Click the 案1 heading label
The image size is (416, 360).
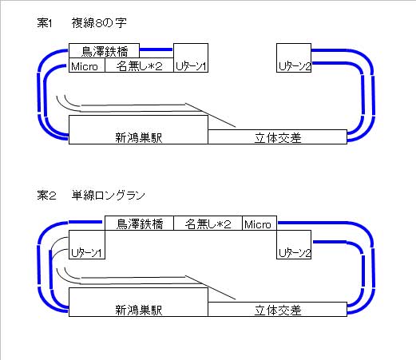45,23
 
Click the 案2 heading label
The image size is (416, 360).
46,196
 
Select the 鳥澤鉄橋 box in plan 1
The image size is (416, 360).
104,51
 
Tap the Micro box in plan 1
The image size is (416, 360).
87,65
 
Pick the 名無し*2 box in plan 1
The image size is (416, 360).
139,65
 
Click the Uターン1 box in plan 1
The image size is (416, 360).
191,57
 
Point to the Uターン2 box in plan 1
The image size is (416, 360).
294,57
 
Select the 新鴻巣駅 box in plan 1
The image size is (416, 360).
138,129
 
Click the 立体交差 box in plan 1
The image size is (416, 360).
277,137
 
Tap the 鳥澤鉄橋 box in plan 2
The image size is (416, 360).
139,223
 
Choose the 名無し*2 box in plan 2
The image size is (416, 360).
208,223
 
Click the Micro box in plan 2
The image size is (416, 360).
260,223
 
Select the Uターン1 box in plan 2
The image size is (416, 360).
87,244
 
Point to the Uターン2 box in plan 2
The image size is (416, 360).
294,244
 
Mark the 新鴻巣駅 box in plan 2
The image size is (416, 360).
138,302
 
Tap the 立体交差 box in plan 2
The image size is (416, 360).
277,309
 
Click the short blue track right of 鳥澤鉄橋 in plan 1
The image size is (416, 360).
156,49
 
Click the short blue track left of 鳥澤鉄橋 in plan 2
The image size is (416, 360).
85,222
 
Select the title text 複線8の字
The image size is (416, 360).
99,23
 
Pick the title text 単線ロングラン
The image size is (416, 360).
109,196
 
